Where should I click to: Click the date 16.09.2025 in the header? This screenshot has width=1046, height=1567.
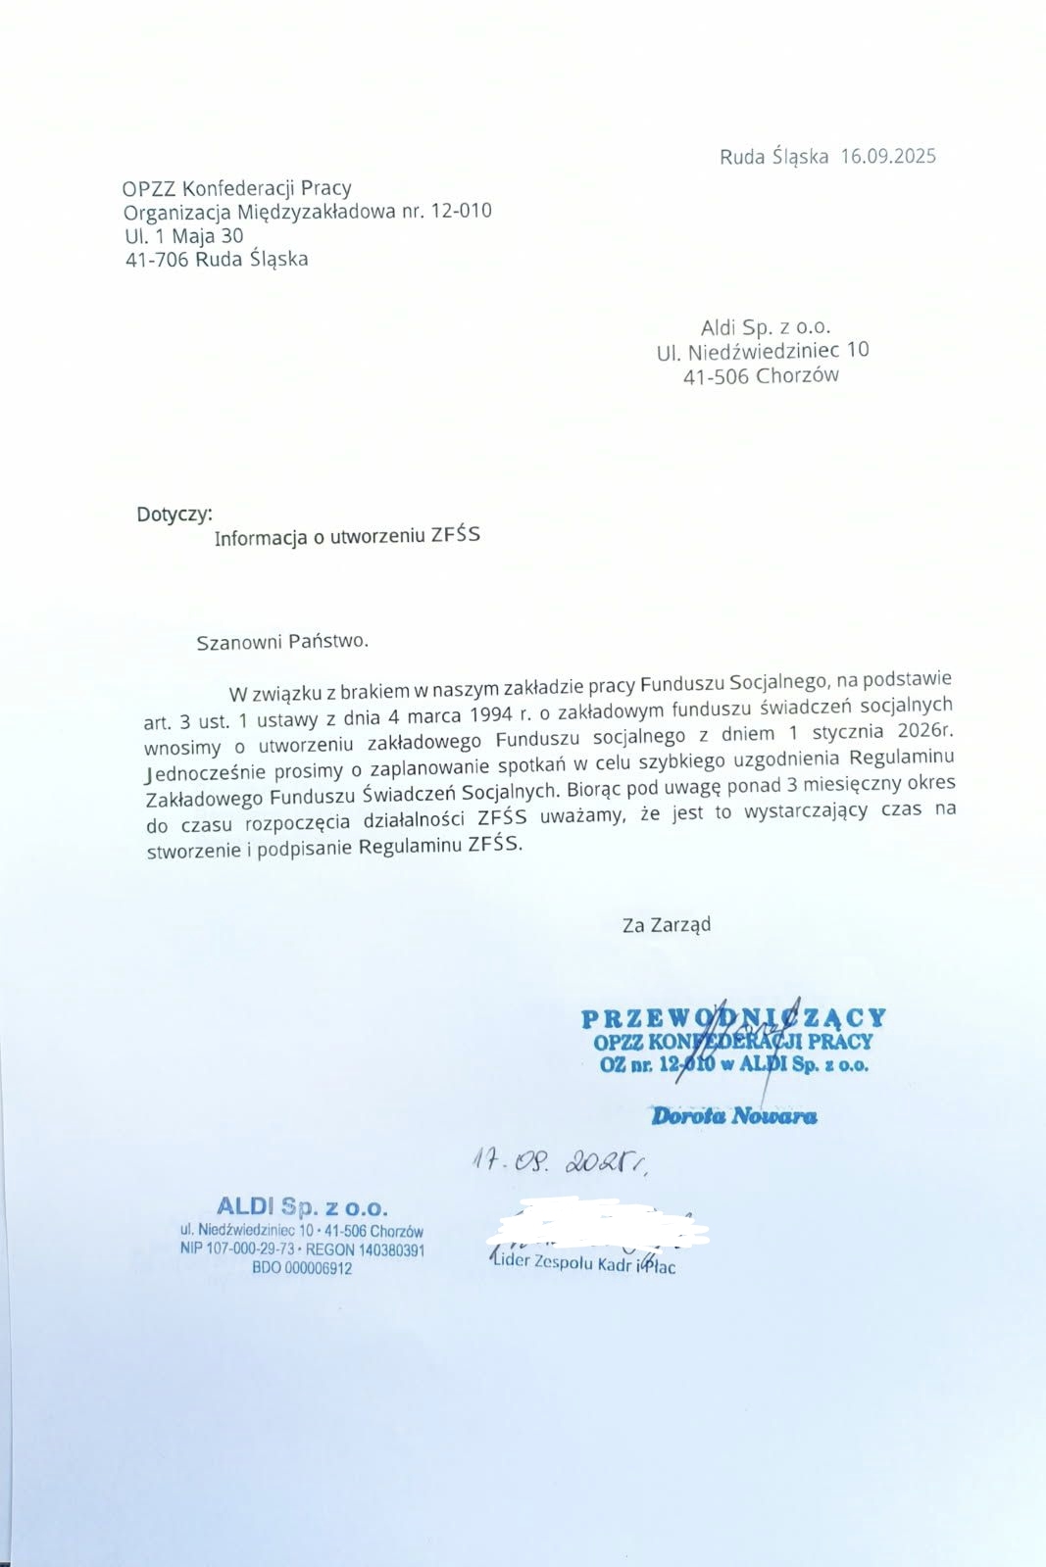coord(887,156)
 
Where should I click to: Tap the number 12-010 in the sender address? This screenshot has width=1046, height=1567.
coord(461,211)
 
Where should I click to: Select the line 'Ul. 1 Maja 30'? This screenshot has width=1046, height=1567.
coord(183,235)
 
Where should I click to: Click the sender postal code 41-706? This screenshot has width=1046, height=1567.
coord(157,260)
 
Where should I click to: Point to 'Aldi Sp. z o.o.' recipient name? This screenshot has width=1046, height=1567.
coord(765,327)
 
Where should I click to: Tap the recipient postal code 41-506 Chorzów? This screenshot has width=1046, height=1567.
coord(761,375)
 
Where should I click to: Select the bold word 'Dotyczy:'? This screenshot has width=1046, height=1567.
coord(174,514)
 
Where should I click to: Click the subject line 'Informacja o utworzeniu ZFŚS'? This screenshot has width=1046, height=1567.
coord(347,536)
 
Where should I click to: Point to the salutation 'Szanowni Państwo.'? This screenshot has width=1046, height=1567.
coord(282,642)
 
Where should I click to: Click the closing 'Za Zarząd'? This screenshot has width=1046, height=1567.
coord(667,924)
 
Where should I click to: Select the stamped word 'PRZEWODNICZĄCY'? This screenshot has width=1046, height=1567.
coord(733,1018)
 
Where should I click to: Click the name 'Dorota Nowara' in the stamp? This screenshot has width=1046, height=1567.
coord(733,1115)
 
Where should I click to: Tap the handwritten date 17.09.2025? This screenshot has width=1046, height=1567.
coord(559,1163)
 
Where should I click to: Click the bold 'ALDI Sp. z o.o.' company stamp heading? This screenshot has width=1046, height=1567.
coord(302,1206)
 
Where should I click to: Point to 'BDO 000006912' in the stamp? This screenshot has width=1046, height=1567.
coord(302,1268)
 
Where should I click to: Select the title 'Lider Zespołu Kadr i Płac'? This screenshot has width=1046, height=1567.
coord(584,1263)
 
